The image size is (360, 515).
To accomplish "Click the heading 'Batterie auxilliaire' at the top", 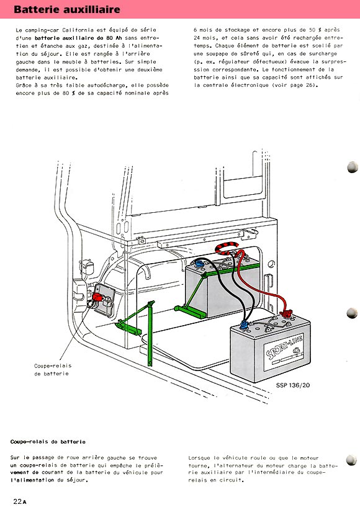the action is [x=67, y=9].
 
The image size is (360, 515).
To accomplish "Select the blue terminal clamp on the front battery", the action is [x=245, y=326].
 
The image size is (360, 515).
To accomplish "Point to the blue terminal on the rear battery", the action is [x=199, y=263].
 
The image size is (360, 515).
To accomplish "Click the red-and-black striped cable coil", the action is [x=228, y=248].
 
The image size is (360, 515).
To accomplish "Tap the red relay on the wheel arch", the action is [x=98, y=297].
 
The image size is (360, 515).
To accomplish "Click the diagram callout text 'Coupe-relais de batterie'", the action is [x=53, y=370].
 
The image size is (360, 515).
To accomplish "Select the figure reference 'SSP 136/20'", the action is [x=293, y=385].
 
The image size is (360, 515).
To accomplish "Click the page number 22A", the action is [x=20, y=501].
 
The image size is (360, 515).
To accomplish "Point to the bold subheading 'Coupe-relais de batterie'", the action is [x=48, y=442].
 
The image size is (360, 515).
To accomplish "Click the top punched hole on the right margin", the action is [x=353, y=167].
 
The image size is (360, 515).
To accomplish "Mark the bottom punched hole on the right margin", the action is [x=351, y=460].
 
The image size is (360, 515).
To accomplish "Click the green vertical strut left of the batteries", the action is [x=150, y=333].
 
